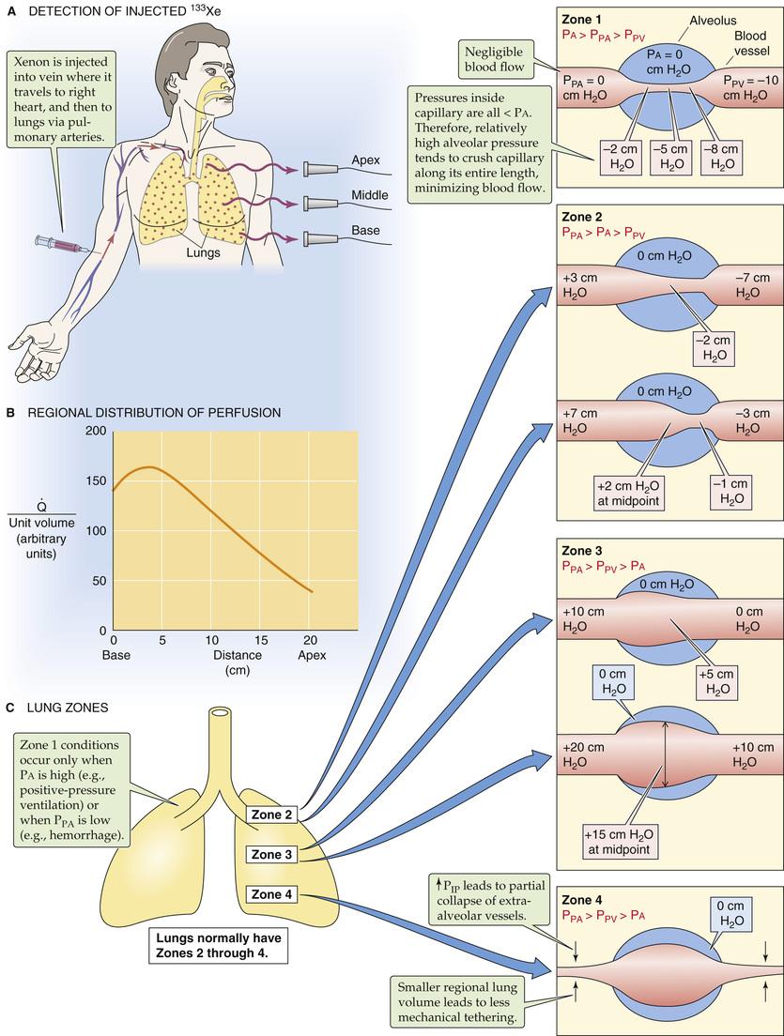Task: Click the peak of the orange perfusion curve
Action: click(x=149, y=467)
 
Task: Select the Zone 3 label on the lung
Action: click(x=271, y=854)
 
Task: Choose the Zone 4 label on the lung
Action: click(x=271, y=894)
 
